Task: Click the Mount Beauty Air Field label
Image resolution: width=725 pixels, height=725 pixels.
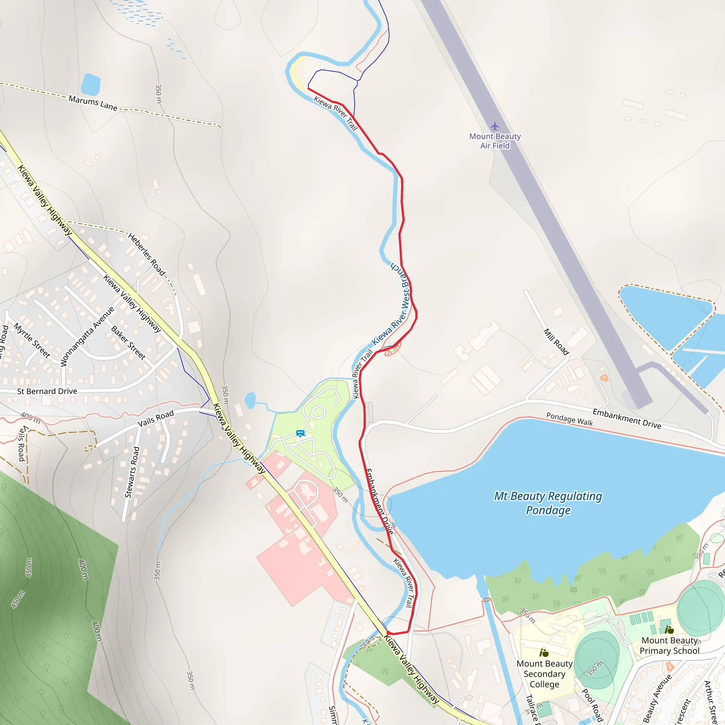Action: [x=495, y=141]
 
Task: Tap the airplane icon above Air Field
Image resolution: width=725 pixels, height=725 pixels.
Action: [x=495, y=126]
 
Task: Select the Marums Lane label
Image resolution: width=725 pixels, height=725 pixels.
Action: [x=93, y=103]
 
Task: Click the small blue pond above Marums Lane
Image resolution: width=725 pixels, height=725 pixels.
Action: [x=90, y=85]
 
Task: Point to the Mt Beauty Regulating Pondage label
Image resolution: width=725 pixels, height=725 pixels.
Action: [x=548, y=503]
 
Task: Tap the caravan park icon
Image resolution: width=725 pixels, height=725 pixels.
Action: [x=300, y=433]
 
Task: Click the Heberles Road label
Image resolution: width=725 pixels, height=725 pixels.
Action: [x=147, y=255]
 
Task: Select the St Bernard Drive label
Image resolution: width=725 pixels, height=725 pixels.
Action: [x=47, y=391]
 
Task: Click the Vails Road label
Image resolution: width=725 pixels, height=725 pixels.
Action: [x=156, y=418]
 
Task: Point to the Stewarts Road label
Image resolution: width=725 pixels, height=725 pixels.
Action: [x=132, y=472]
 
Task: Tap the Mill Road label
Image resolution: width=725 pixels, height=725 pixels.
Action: [x=556, y=342]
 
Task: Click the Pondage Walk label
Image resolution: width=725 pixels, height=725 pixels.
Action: [x=569, y=419]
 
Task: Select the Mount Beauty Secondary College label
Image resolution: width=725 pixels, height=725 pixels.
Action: [x=544, y=674]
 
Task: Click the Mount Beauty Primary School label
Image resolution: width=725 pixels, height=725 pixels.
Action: [x=669, y=645]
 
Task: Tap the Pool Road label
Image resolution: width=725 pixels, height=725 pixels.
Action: [x=593, y=706]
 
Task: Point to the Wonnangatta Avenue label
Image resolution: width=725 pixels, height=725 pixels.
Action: [x=87, y=336]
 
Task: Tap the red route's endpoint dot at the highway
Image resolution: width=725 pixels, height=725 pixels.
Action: [x=388, y=633]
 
